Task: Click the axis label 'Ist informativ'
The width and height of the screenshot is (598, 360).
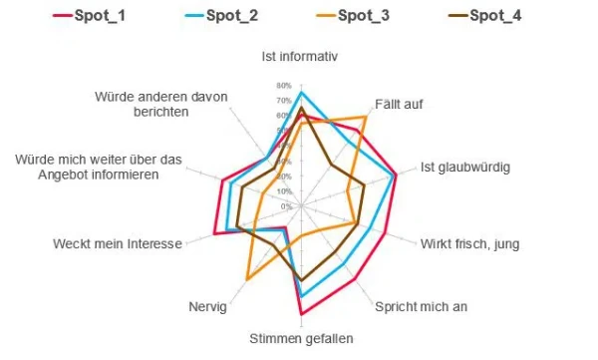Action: (x=300, y=56)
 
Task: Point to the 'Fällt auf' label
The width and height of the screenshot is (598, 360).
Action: (x=398, y=105)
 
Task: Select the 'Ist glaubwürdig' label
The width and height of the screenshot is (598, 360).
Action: (x=464, y=167)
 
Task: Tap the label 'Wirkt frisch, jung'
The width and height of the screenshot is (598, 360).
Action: (x=469, y=244)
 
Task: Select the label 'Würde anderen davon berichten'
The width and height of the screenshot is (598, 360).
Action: (x=161, y=104)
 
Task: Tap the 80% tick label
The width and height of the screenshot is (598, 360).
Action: (x=285, y=85)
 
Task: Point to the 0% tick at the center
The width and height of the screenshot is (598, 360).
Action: (x=287, y=206)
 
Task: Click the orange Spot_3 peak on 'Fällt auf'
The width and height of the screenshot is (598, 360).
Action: (x=365, y=117)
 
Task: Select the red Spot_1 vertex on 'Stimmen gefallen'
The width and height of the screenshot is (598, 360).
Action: (x=301, y=314)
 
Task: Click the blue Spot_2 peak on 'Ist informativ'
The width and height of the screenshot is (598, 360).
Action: (x=301, y=93)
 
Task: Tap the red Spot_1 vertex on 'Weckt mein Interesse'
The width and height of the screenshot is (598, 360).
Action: (x=214, y=234)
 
